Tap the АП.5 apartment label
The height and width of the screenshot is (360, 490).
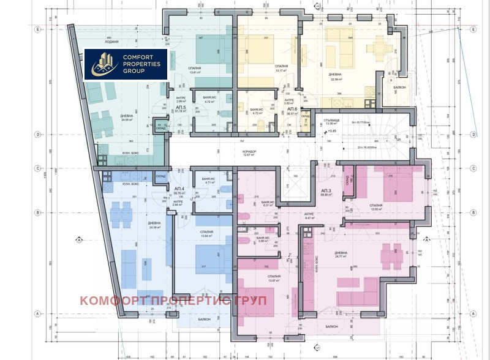(179, 107)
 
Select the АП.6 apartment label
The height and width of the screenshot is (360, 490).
(292, 108)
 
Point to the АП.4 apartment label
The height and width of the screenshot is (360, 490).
(179, 189)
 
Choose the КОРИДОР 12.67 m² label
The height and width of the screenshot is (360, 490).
(249, 153)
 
